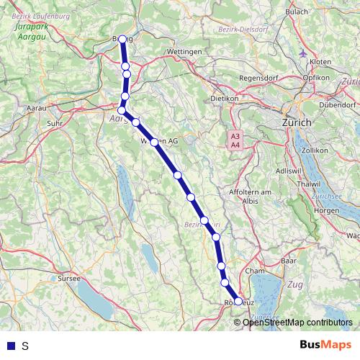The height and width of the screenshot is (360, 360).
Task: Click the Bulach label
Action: pos(297,12)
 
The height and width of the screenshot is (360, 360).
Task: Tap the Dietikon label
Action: pos(224,98)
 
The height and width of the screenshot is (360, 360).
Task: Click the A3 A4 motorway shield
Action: pos(235,140)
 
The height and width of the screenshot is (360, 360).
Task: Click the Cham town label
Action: pos(255,271)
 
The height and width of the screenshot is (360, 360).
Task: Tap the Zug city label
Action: pos(294,286)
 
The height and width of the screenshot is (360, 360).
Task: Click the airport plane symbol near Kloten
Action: pos(302,55)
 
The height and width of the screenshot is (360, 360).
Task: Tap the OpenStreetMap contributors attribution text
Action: pos(297,322)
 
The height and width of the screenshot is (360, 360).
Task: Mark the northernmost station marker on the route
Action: pos(122,40)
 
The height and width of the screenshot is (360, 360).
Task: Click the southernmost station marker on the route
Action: pos(238,302)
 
